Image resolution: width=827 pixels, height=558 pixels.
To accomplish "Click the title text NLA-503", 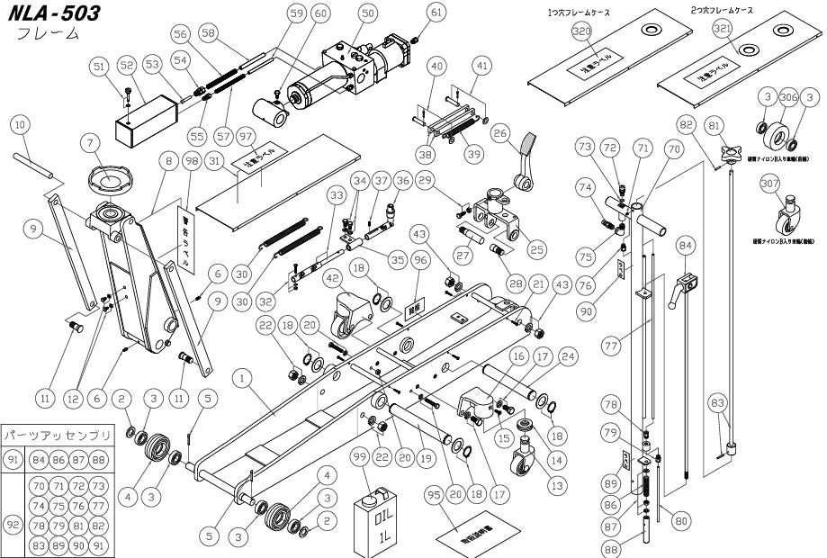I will click(x=52, y=13).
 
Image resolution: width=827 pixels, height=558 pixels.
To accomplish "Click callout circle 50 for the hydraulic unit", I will click(x=367, y=13).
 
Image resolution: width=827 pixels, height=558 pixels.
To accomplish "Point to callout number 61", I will click(x=436, y=13).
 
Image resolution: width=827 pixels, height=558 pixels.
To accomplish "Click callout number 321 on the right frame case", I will click(x=723, y=30).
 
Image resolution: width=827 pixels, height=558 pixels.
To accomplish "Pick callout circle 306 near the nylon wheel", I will click(x=789, y=97).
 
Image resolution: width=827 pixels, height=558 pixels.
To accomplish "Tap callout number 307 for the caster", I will click(x=768, y=184).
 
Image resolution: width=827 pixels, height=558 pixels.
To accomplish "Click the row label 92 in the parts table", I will click(x=13, y=523).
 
